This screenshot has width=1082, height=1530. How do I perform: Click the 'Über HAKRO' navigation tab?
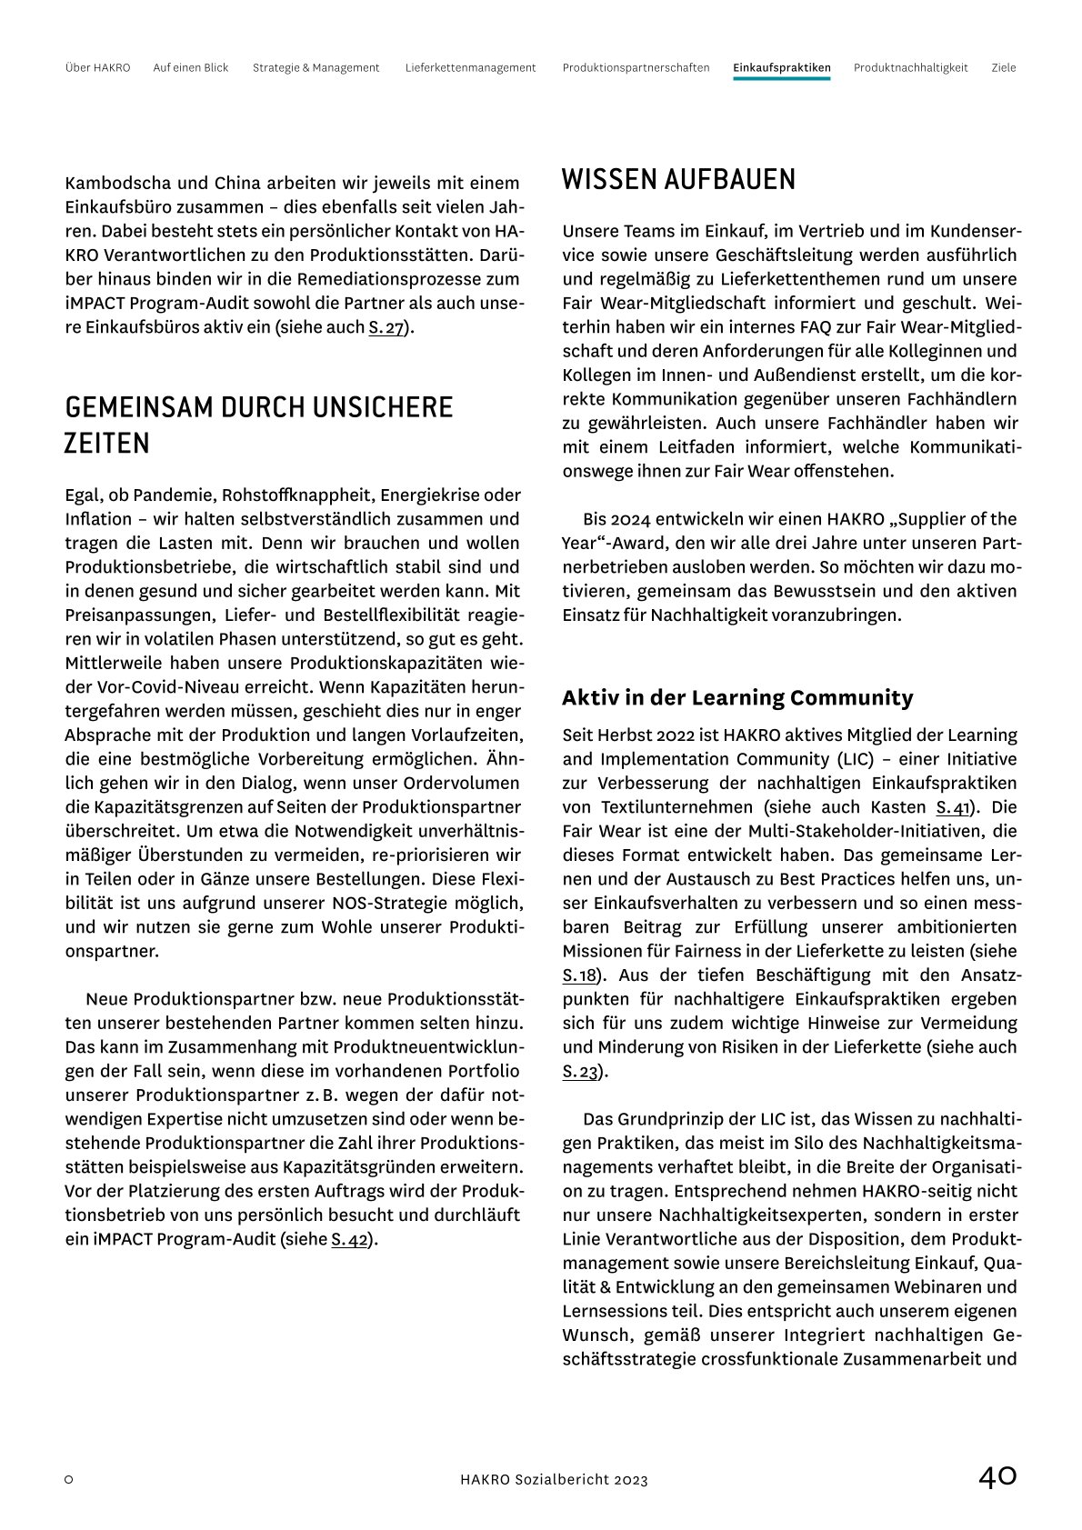pyautogui.click(x=97, y=67)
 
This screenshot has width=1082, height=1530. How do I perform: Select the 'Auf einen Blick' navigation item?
pyautogui.click(x=191, y=67)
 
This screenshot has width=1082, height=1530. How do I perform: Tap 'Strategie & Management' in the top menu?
pyautogui.click(x=316, y=67)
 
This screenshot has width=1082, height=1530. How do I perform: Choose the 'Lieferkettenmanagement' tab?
pyautogui.click(x=470, y=67)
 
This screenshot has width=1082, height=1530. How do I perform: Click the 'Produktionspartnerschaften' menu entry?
pyautogui.click(x=636, y=67)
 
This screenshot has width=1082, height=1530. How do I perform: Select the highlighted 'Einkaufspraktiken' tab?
pyautogui.click(x=781, y=67)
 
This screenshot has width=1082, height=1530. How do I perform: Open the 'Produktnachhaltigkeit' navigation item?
pyautogui.click(x=910, y=67)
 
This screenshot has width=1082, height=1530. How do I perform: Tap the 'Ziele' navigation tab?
pyautogui.click(x=1003, y=67)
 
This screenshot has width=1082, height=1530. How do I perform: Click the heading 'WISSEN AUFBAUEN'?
pyautogui.click(x=678, y=179)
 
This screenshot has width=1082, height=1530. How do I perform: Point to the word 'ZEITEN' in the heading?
pyautogui.click(x=106, y=444)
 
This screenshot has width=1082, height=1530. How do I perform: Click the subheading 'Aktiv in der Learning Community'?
pyautogui.click(x=737, y=697)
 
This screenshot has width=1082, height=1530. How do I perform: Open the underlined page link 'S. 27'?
pyautogui.click(x=386, y=327)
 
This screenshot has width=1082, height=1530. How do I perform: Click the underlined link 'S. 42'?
pyautogui.click(x=349, y=1238)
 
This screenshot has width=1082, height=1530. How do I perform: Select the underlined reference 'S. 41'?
pyautogui.click(x=953, y=807)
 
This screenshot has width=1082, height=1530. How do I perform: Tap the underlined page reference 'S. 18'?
pyautogui.click(x=578, y=975)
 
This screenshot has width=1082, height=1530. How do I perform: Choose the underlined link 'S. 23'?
pyautogui.click(x=579, y=1071)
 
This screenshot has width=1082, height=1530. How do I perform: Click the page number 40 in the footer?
pyautogui.click(x=997, y=1476)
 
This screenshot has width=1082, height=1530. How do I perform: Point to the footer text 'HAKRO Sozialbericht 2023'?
pyautogui.click(x=554, y=1479)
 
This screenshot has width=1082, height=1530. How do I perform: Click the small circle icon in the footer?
pyautogui.click(x=69, y=1479)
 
